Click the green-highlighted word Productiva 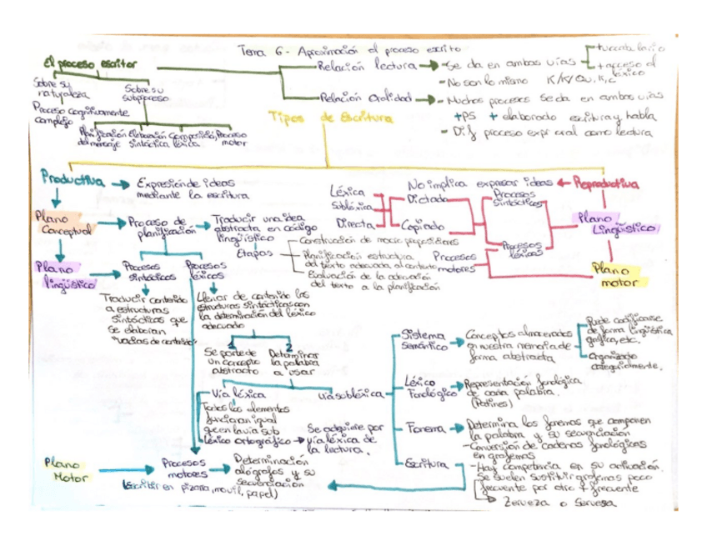point(73,180)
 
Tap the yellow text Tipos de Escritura point(330,118)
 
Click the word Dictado point(429,200)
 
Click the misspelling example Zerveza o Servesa point(554,503)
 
